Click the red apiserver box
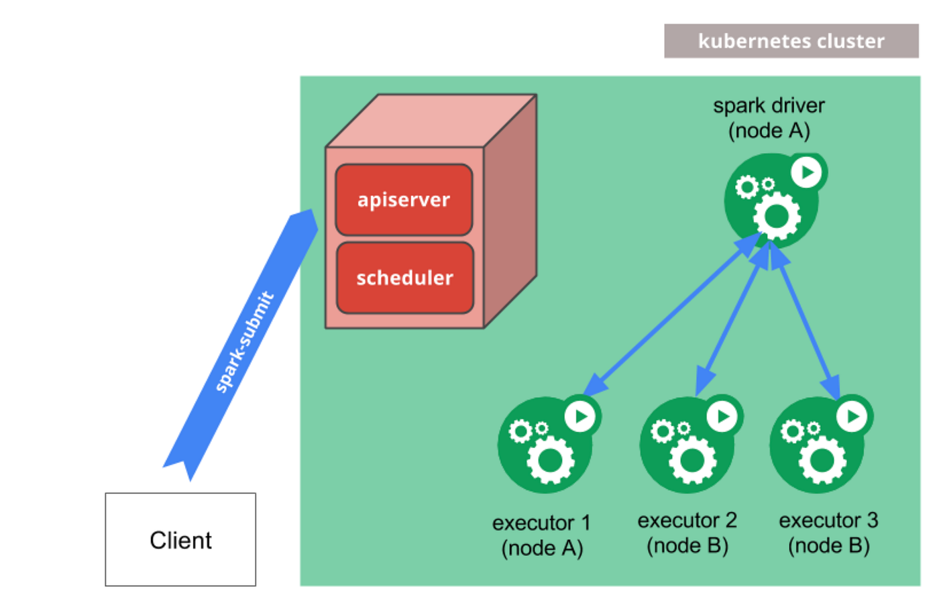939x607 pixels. tap(404, 199)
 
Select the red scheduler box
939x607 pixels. tap(404, 278)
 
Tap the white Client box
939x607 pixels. tap(180, 539)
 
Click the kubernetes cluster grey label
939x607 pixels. tap(791, 41)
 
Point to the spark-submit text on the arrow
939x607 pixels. tap(244, 342)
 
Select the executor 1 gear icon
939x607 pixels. tap(545, 446)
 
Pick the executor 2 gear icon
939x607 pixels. tap(687, 446)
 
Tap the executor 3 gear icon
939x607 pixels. tap(817, 446)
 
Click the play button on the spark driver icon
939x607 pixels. tap(807, 172)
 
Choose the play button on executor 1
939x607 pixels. tap(581, 417)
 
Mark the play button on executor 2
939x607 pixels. tap(722, 417)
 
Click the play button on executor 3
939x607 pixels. tap(852, 417)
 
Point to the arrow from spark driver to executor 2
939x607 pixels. tap(732, 319)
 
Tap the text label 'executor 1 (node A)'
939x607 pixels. tap(542, 535)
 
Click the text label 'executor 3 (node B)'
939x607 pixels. tap(828, 533)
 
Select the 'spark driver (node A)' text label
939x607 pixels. tap(769, 117)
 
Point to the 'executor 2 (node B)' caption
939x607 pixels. tap(687, 533)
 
